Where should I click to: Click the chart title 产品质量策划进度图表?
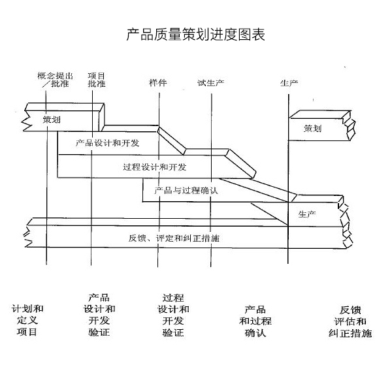click(195, 34)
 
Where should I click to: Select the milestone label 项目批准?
click(97, 79)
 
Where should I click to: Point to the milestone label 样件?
click(158, 83)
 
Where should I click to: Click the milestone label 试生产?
click(211, 83)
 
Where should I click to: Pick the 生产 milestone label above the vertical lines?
click(289, 83)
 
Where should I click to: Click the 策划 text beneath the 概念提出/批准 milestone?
click(52, 120)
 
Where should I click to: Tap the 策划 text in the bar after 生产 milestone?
click(312, 129)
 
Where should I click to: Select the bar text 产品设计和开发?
click(107, 142)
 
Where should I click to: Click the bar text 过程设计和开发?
click(154, 167)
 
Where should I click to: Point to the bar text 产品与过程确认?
click(185, 191)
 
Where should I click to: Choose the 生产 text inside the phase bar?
click(307, 214)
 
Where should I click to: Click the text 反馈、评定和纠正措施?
click(174, 238)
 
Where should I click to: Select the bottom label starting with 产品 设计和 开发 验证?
click(99, 314)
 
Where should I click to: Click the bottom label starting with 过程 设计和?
click(173, 314)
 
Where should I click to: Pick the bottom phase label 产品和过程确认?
click(255, 321)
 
